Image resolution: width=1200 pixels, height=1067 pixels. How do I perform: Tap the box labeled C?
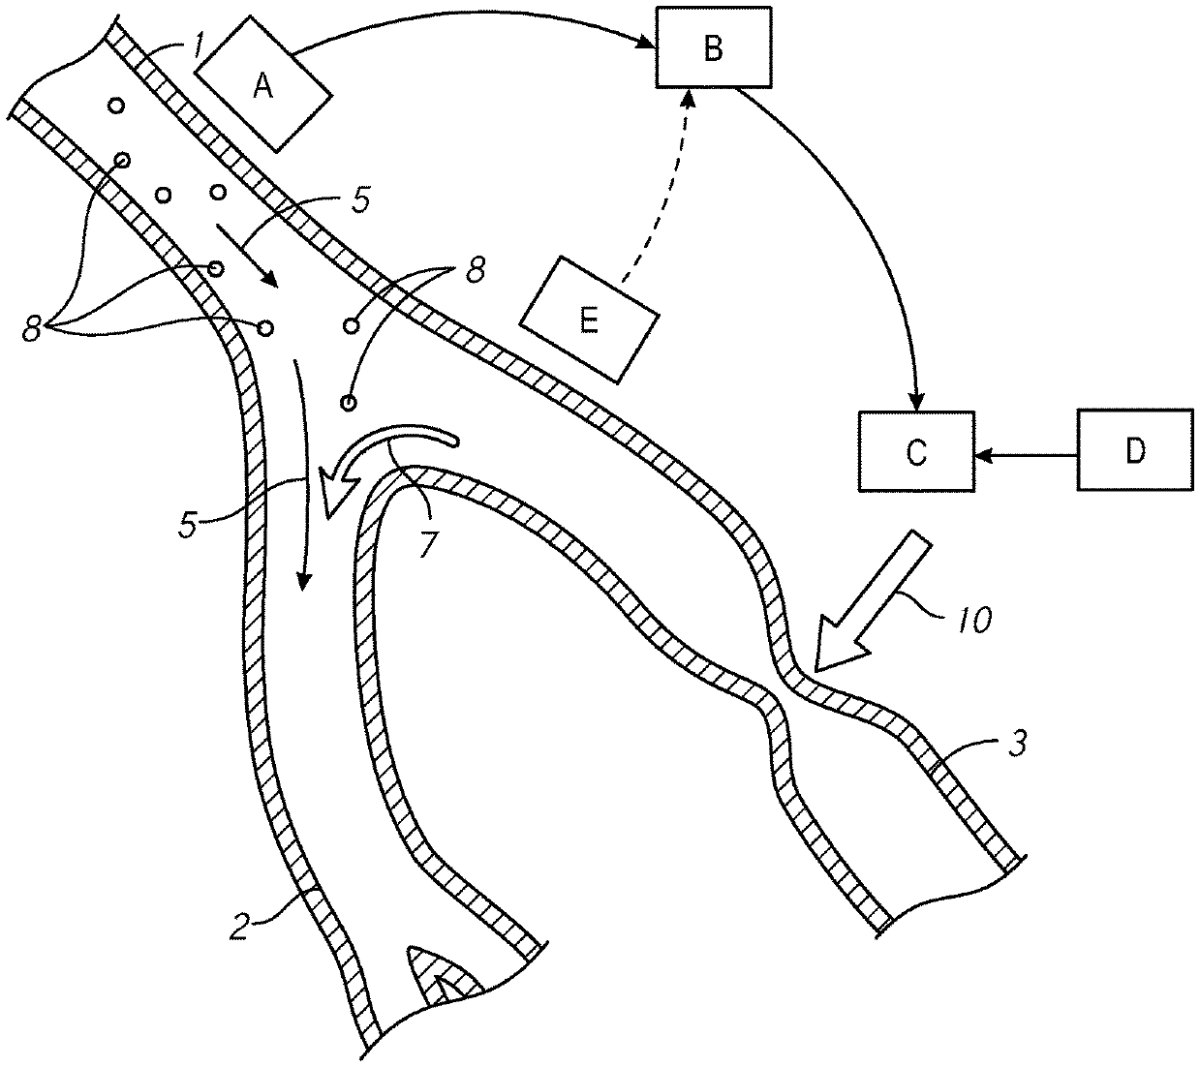(x=916, y=451)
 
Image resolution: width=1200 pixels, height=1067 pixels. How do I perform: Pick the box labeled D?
(x=1134, y=449)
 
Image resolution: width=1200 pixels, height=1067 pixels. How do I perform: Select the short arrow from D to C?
(x=1026, y=452)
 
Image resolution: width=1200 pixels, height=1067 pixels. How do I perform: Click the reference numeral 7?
(x=427, y=543)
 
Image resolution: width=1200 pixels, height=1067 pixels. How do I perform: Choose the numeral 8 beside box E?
(x=474, y=272)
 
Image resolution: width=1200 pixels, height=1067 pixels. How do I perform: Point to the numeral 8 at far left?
(x=33, y=330)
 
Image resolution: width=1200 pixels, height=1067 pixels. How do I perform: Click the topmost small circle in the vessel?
(x=116, y=105)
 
